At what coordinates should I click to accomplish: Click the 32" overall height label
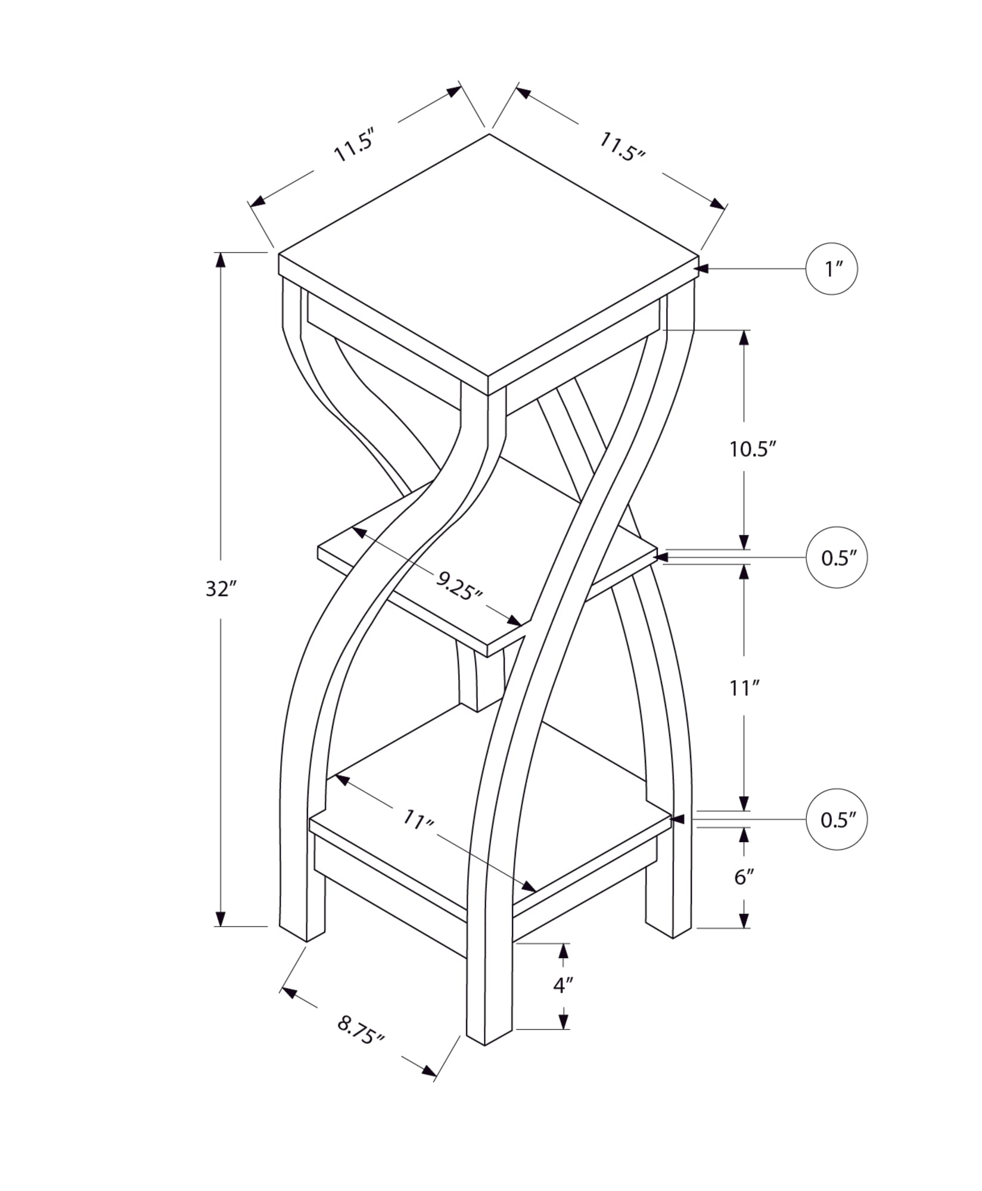[x=221, y=589]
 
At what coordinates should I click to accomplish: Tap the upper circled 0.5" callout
[x=836, y=557]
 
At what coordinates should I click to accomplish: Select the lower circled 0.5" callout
[x=836, y=819]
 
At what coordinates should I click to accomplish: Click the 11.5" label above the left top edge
[x=354, y=145]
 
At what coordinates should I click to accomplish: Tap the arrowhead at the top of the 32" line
[x=221, y=260]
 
